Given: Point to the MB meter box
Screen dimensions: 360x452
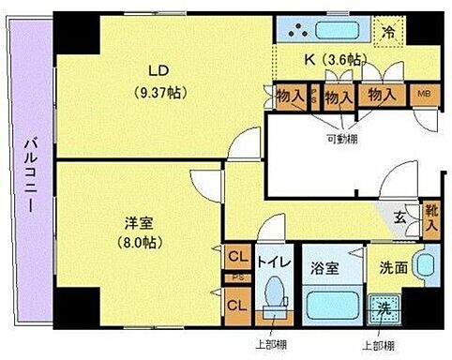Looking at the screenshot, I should pyautogui.click(x=424, y=96).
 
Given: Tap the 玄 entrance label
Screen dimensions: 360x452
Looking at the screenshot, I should pyautogui.click(x=399, y=219).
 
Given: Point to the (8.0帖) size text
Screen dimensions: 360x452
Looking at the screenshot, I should pyautogui.click(x=141, y=241).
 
